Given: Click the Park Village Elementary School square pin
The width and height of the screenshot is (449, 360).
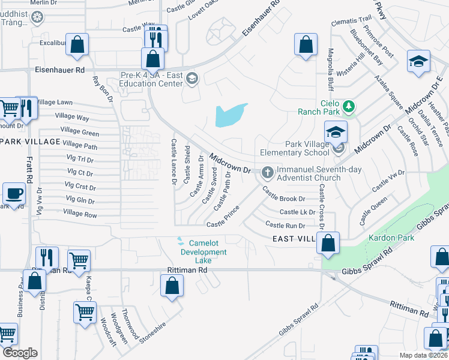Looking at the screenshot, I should click(x=336, y=131).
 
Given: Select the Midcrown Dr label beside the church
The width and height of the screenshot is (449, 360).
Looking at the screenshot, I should click(x=230, y=163).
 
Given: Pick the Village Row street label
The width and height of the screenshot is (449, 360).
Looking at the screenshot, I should click(x=80, y=214).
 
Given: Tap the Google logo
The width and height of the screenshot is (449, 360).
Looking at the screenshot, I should click(x=20, y=353).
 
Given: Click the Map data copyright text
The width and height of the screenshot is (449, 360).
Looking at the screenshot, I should click(x=423, y=355).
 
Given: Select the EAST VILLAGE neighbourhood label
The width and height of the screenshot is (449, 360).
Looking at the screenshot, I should click(x=294, y=239).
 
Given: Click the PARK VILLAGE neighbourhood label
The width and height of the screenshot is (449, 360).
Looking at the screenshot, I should click(x=30, y=142).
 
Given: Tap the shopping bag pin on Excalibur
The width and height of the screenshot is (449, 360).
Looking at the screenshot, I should click(x=77, y=44).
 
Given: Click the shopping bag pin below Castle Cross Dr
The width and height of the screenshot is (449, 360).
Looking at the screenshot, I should click(x=328, y=243).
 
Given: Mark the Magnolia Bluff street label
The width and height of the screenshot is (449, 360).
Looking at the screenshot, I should click(x=330, y=68).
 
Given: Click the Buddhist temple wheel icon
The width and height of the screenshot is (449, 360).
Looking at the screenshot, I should click(x=37, y=18).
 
